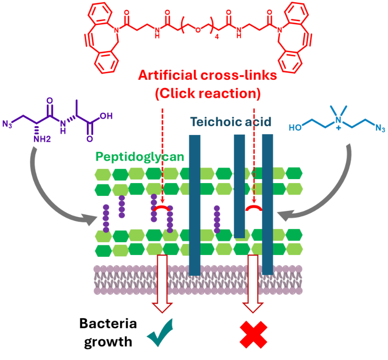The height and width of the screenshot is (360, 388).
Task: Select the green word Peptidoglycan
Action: (139, 157)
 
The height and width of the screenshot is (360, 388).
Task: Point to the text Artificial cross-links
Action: (207, 76)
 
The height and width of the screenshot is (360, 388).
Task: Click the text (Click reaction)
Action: (207, 94)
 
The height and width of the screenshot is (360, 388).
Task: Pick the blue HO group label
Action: (295, 128)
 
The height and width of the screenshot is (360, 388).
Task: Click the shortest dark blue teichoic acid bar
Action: (239, 185)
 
